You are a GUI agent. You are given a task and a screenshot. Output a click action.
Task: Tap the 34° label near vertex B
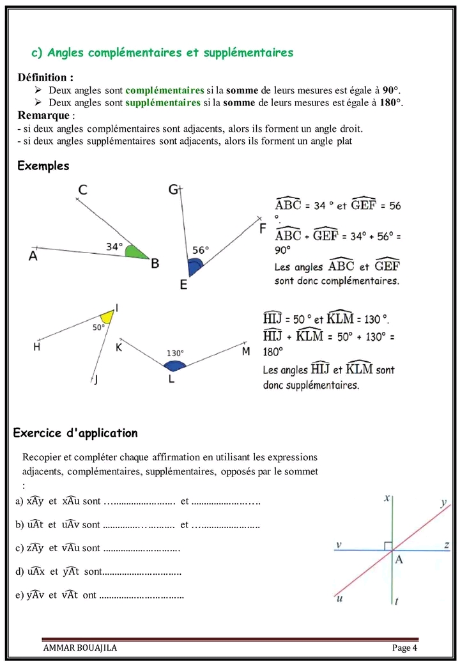point(114,246)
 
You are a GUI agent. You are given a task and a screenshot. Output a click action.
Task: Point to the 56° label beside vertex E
point(201,251)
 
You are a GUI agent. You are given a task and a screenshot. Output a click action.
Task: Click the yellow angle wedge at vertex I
point(108,316)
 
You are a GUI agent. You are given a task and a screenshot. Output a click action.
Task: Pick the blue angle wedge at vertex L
point(174,366)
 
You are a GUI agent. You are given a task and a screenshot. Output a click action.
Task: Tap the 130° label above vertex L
point(175,352)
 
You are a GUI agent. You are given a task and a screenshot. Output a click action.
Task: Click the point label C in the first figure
point(82,189)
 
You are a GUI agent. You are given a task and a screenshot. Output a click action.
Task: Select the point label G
point(173,189)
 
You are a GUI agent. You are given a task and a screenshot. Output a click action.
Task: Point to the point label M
point(246,352)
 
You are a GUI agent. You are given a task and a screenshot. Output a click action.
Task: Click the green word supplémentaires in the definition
point(163,102)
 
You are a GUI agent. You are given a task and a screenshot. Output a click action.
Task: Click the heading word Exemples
point(43,166)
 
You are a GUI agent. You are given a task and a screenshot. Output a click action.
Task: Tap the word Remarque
point(43,115)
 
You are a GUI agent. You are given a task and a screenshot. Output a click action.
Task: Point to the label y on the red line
point(443,503)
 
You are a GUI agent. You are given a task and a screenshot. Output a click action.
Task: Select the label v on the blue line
point(339,545)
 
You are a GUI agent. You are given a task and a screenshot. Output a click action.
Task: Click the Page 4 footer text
point(404,648)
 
